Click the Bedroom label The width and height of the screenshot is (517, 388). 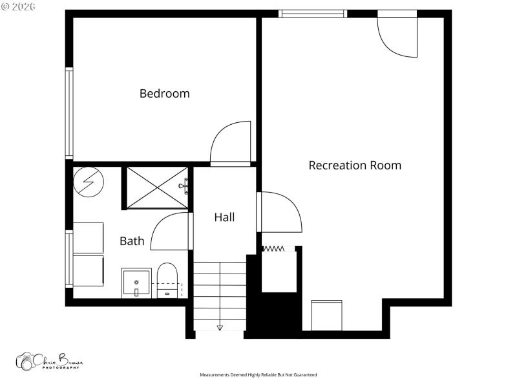pyautogui.click(x=165, y=93)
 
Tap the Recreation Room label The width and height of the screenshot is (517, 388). pyautogui.click(x=355, y=165)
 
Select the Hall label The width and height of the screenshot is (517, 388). pyautogui.click(x=224, y=217)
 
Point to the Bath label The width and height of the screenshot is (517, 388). pyautogui.click(x=132, y=241)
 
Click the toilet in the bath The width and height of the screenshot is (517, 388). pyautogui.click(x=167, y=280)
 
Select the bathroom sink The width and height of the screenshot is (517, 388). pyautogui.click(x=136, y=284)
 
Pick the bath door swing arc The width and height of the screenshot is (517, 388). pyautogui.click(x=170, y=232)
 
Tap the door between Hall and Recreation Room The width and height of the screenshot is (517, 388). pyautogui.click(x=281, y=211)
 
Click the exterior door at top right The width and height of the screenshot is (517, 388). pyautogui.click(x=397, y=36)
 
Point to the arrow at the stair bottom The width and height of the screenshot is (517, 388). pyautogui.click(x=220, y=327)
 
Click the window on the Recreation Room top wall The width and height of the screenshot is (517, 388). pyautogui.click(x=313, y=13)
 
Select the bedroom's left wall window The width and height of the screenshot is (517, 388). pyautogui.click(x=69, y=113)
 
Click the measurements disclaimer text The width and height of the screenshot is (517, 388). pyautogui.click(x=258, y=375)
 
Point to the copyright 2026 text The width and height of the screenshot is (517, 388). pyautogui.click(x=18, y=6)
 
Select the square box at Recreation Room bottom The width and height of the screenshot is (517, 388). pyautogui.click(x=326, y=315)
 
